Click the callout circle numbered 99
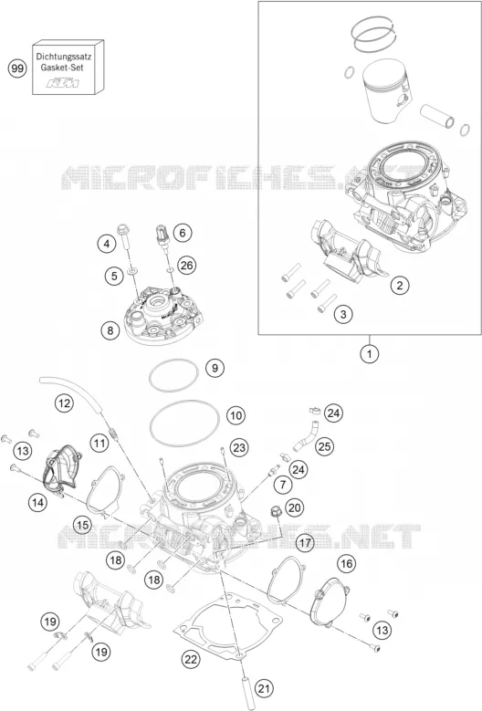coord(17,69)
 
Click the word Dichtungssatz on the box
coord(64,58)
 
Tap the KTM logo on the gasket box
coord(64,83)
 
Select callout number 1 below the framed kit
coord(370,354)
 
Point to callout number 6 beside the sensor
coord(183,233)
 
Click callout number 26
coord(187,265)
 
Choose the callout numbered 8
coord(110,330)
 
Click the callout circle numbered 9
coord(215,367)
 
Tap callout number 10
coord(236,415)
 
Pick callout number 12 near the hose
coord(64,403)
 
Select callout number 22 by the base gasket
coord(191,659)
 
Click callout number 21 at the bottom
coord(264,689)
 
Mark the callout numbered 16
coord(346,564)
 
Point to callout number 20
coord(295,507)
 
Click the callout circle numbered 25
coord(324,446)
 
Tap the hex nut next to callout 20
coord(275,512)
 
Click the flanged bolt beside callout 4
coord(124,236)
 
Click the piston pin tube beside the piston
coord(437,116)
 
